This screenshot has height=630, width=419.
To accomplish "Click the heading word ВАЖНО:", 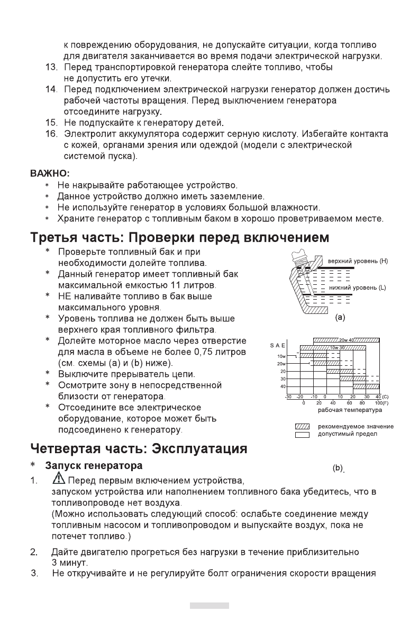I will [49, 173].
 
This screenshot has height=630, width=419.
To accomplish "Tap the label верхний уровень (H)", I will [358, 261].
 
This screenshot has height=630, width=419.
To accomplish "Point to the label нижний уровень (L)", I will [358, 287].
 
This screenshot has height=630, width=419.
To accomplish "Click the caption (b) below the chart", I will [338, 469].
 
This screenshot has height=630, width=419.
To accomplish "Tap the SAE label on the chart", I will [278, 346].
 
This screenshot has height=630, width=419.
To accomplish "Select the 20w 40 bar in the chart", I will [347, 340].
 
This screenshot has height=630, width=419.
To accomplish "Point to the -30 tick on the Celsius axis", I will [288, 397].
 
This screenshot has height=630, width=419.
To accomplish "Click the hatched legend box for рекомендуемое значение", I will [302, 427].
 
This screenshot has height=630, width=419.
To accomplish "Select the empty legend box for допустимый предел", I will [302, 434].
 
